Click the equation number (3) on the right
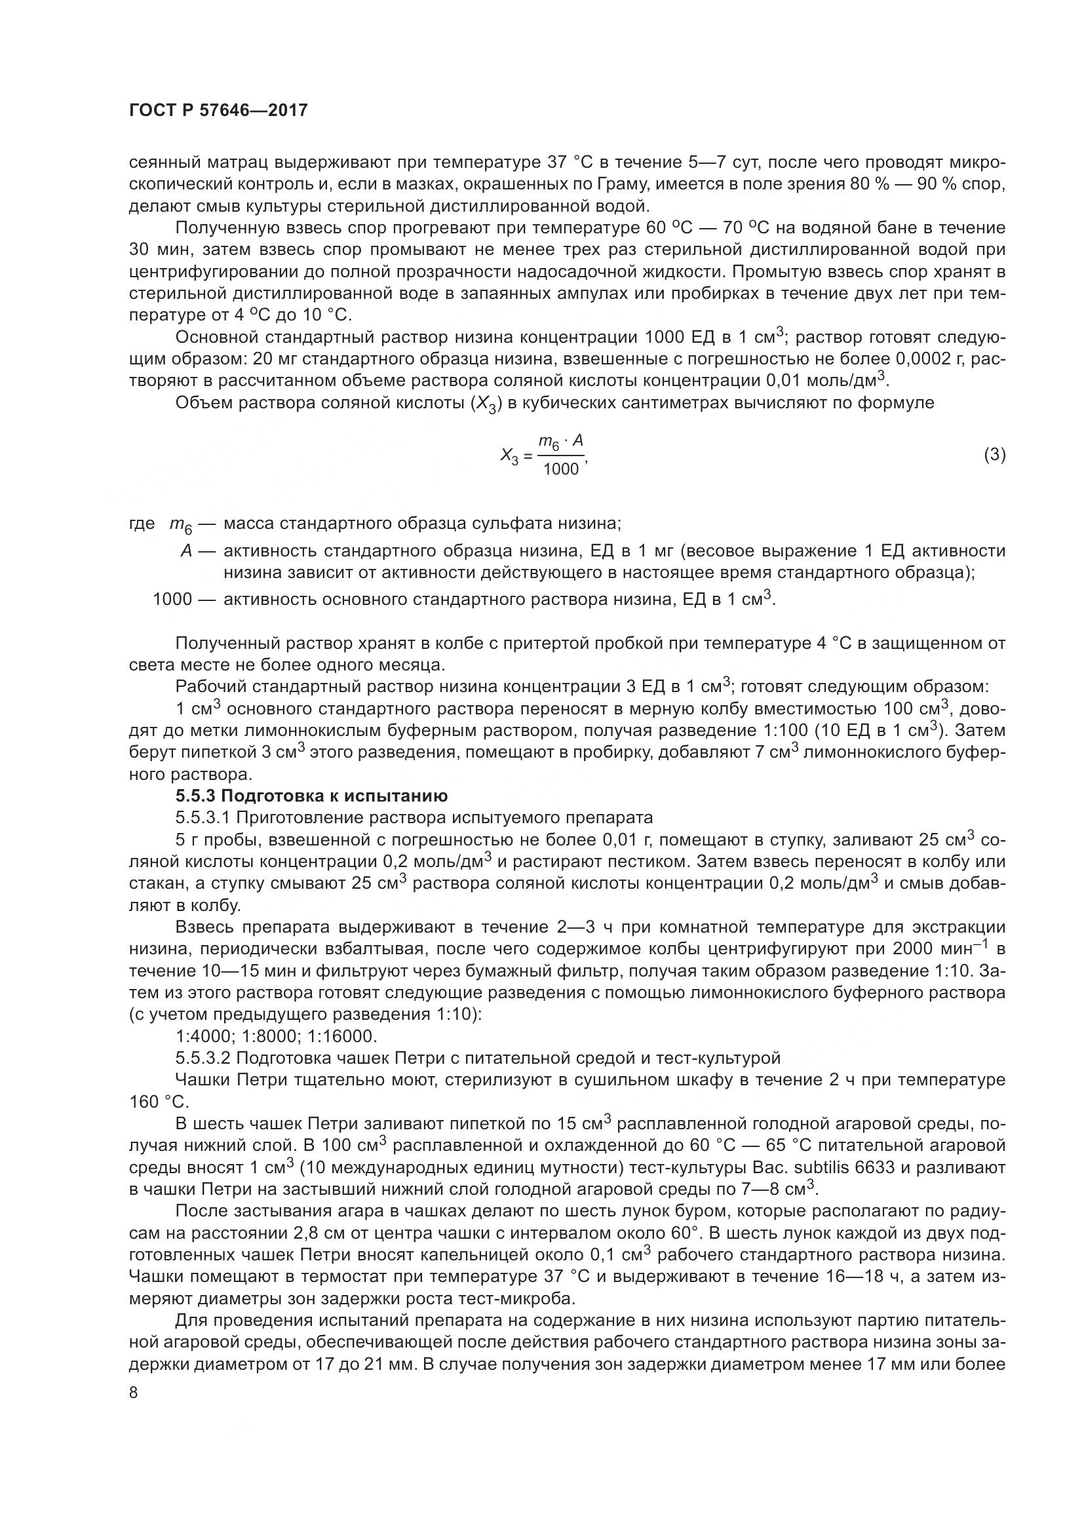pyautogui.click(x=994, y=455)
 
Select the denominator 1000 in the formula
pyautogui.click(x=561, y=469)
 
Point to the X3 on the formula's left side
pyautogui.click(x=509, y=457)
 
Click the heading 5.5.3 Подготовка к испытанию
pyautogui.click(x=311, y=796)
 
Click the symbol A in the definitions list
pyautogui.click(x=187, y=551)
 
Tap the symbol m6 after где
pyautogui.click(x=180, y=526)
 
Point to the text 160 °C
pyautogui.click(x=159, y=1102)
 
